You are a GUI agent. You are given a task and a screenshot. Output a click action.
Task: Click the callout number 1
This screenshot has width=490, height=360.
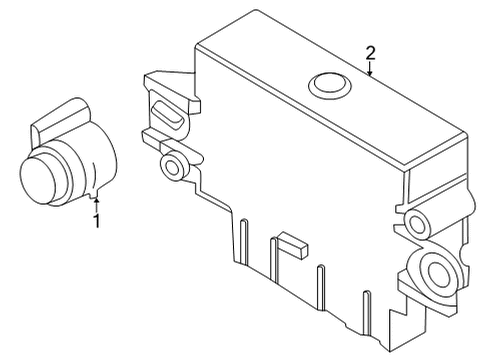[x=97, y=220]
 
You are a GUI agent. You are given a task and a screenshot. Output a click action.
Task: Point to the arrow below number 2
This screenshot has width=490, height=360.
[x=369, y=70]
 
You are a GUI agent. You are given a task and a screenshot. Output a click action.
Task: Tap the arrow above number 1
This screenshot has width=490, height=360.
[x=97, y=202]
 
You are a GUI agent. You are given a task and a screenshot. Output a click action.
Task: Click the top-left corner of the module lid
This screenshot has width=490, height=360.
[x=199, y=44]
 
